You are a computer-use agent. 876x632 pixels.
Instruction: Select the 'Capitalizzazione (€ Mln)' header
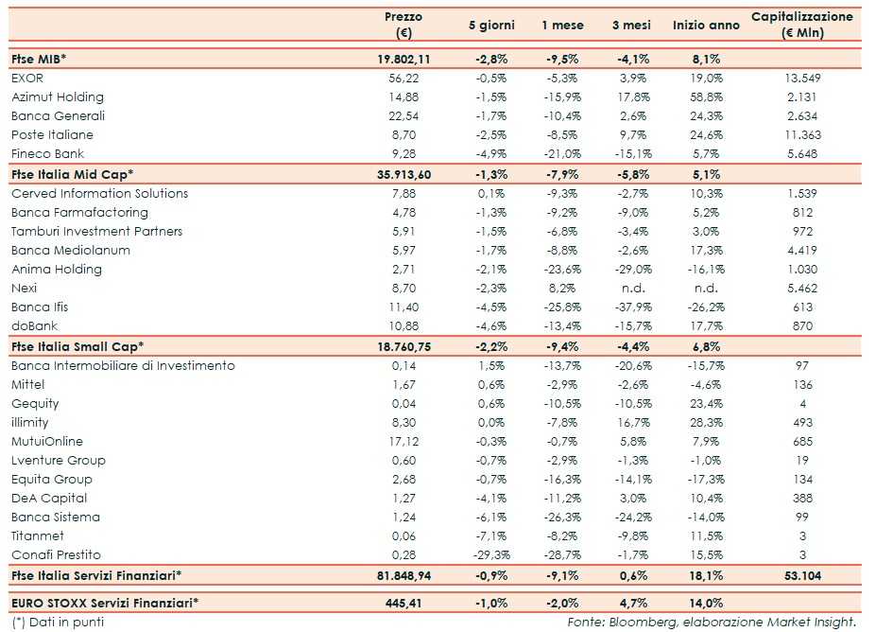pos(801,25)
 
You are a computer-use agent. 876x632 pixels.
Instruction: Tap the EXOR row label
pos(27,78)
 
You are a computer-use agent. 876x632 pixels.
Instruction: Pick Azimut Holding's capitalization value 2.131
pos(802,97)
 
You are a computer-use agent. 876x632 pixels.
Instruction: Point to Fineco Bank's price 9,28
pos(404,153)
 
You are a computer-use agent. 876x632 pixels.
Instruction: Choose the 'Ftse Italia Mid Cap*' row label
pos(72,174)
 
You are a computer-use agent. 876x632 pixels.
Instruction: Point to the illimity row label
pos(30,422)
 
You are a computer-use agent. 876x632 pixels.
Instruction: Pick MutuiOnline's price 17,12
pos(404,441)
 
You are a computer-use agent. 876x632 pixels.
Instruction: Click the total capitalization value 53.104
pos(801,575)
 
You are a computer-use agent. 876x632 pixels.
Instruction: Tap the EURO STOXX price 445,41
pos(404,602)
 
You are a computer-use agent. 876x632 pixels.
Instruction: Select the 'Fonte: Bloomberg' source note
pos(712,622)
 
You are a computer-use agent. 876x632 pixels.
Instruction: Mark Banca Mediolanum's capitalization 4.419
pos(802,250)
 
